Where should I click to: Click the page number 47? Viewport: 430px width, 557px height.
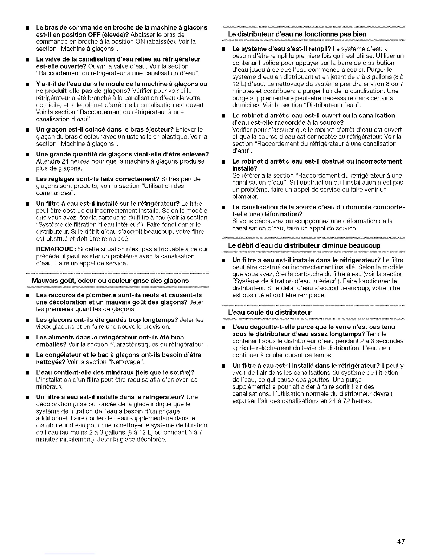[x=401, y=542]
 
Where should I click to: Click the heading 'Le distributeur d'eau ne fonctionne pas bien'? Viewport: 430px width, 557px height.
[x=297, y=34]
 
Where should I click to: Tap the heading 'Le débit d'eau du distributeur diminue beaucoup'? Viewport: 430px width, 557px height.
[x=304, y=245]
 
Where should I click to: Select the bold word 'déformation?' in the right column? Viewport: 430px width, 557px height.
[x=285, y=214]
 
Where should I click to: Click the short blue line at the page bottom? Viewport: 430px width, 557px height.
[x=70, y=554]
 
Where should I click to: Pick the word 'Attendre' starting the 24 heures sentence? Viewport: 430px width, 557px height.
[x=47, y=161]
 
